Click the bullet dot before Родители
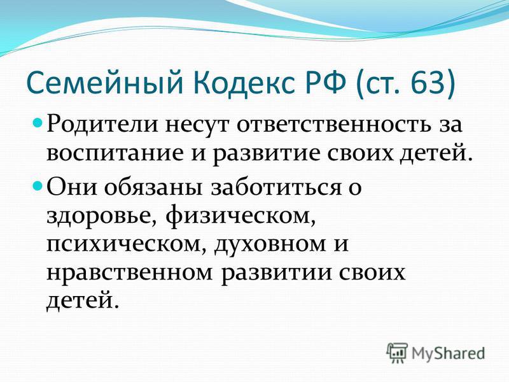[38, 124]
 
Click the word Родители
[102, 124]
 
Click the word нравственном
[130, 273]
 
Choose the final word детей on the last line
[81, 301]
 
